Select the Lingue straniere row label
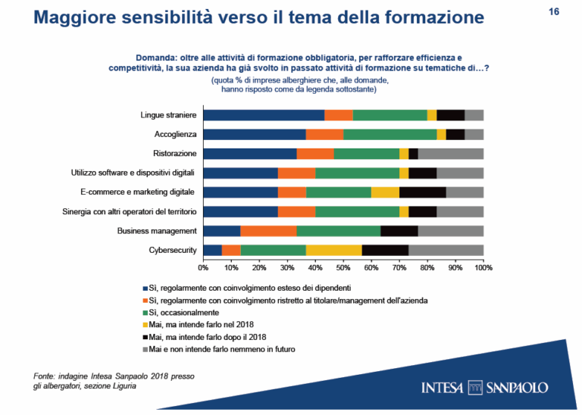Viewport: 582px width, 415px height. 168,115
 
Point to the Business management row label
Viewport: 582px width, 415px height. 157,230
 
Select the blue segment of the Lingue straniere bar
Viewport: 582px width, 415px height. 264,115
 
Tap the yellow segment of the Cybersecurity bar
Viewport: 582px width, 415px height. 333,250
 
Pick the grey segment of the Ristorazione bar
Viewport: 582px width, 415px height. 450,154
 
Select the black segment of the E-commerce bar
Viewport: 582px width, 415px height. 422,192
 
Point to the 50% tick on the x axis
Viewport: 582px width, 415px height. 343,267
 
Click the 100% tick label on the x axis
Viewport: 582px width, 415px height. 483,267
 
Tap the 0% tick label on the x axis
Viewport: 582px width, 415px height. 203,267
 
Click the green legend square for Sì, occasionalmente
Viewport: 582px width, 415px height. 144,312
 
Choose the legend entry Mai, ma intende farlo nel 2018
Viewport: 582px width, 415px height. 202,324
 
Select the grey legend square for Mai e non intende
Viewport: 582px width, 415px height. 144,349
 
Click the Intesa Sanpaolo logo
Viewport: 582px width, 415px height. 485,388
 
